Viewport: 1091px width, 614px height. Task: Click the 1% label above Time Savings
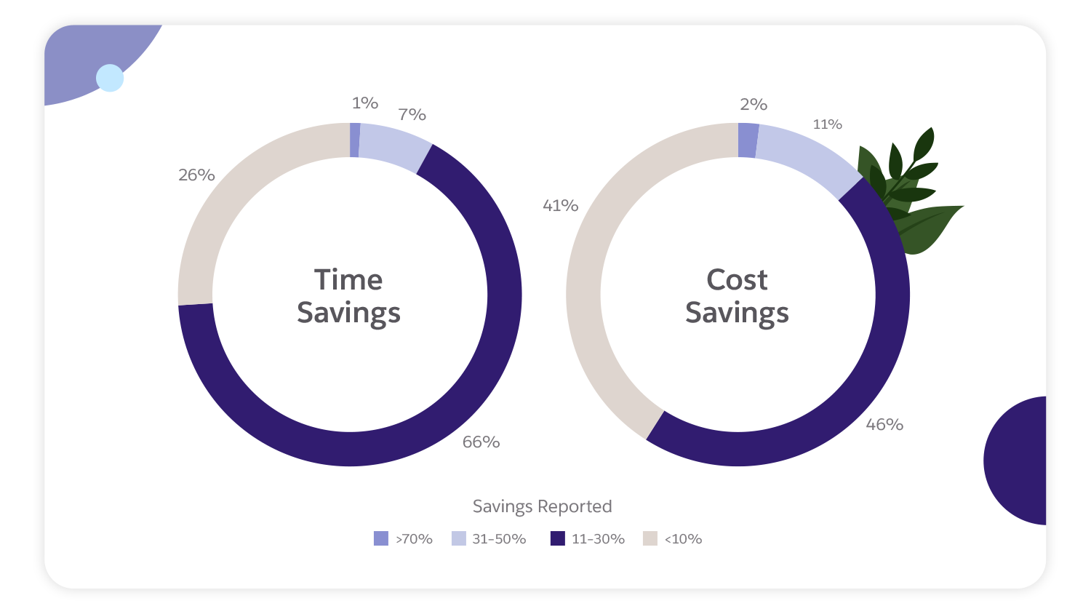364,103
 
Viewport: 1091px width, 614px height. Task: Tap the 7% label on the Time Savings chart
412,114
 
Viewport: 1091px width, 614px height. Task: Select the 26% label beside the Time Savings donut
196,175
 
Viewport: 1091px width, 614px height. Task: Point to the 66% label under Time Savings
481,442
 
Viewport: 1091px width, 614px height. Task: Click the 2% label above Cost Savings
754,104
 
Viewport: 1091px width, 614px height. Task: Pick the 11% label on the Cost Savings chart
827,124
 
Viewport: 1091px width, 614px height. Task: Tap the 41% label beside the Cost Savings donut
560,205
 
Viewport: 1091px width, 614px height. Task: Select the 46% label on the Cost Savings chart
884,424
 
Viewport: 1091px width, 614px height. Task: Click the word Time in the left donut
348,279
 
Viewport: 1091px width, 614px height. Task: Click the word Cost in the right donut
737,279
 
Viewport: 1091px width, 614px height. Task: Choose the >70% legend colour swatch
381,538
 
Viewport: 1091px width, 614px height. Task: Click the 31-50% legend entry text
499,539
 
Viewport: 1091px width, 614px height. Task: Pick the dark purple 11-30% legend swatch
558,538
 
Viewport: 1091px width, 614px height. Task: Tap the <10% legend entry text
683,539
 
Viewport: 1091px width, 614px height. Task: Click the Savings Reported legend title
542,506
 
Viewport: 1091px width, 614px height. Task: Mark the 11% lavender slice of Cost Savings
807,157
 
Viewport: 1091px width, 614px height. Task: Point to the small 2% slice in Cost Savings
748,140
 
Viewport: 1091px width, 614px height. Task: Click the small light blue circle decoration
110,78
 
